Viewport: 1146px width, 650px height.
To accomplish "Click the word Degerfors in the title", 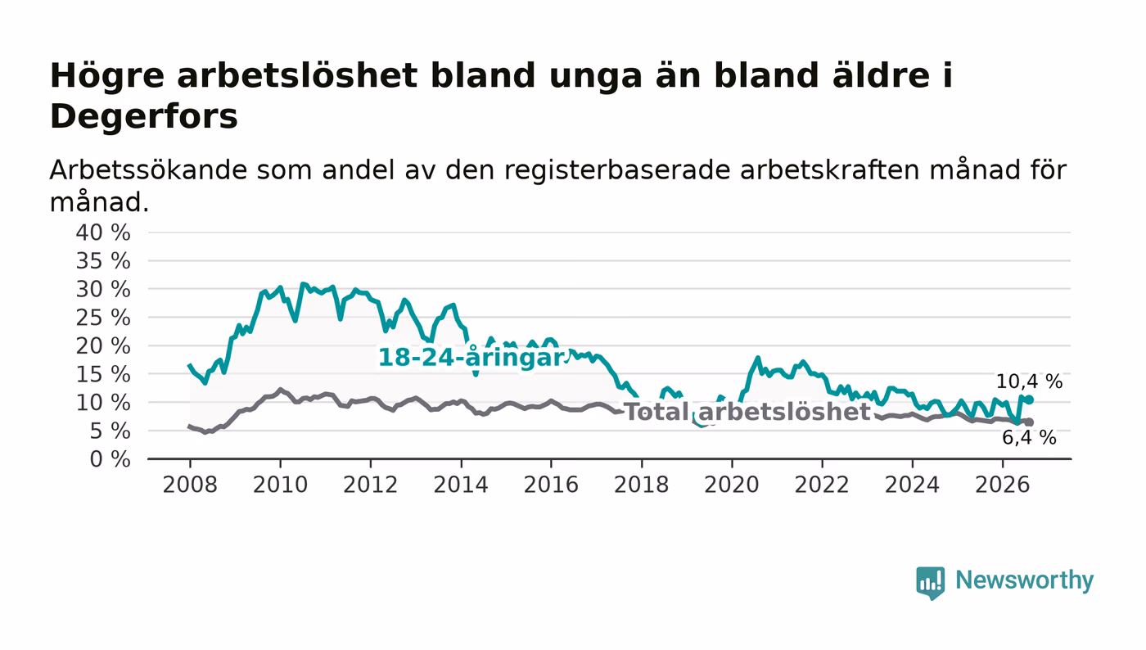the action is coord(144,117).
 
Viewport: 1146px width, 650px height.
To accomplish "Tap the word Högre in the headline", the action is coord(107,77).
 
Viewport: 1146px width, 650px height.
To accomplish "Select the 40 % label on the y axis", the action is coord(103,232).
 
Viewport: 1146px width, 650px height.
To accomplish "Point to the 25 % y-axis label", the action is coord(103,318).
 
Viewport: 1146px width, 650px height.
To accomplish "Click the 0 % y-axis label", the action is coord(110,459).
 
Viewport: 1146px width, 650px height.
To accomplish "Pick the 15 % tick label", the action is coord(103,375).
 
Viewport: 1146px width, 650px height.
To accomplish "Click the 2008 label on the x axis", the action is coord(190,485).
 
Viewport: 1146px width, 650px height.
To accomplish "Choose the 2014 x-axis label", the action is coord(461,485).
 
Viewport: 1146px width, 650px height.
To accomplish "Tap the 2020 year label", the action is coord(732,485).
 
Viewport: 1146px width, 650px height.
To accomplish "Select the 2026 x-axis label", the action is coord(1002,485).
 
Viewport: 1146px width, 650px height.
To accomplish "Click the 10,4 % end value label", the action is coord(1029,381).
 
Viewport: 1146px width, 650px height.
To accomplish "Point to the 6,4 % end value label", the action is coord(1029,438).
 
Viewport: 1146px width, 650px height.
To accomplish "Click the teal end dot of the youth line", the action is coord(1030,399).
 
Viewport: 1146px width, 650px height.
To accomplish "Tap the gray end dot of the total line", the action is coord(1030,422).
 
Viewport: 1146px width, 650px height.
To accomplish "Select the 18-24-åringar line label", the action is coord(471,357).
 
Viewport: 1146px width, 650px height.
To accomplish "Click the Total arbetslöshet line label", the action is coord(747,412).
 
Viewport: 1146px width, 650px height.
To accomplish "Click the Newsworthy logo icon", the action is coord(930,582).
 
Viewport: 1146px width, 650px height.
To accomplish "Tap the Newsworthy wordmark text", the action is coord(1024,580).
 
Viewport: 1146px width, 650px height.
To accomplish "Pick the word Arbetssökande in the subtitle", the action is coord(148,170).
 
